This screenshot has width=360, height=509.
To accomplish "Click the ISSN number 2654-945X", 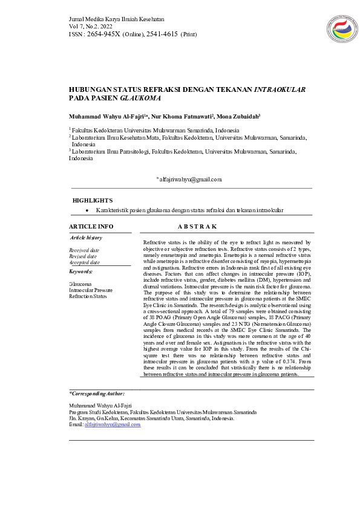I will [103, 34].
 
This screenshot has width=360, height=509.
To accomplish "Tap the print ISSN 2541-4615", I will [162, 34].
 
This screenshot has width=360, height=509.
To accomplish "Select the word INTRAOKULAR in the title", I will [280, 89].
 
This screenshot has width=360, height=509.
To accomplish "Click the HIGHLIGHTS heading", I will [92, 200].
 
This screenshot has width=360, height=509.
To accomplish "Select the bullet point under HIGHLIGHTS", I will [88, 210].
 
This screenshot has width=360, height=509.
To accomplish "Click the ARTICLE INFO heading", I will [91, 226].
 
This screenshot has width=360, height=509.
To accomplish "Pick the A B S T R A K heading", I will [197, 226].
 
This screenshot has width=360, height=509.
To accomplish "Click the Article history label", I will [86, 238].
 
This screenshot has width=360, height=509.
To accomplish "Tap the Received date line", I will [84, 250].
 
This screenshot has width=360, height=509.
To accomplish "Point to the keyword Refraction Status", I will [87, 296].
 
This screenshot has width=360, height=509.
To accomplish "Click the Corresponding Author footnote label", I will [97, 394].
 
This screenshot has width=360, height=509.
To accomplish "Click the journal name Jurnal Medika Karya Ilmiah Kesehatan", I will [116, 20].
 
